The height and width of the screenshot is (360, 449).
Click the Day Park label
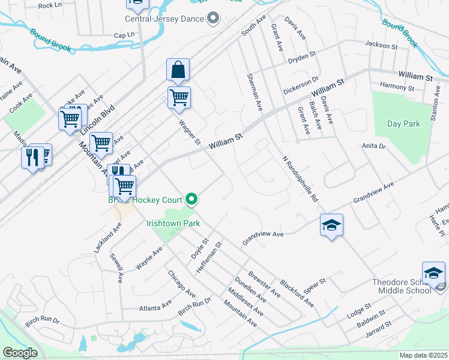[403, 124]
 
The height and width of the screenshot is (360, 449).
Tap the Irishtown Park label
[173, 223]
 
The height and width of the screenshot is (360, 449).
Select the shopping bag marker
[178, 70]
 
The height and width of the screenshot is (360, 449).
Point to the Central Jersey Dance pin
[212, 19]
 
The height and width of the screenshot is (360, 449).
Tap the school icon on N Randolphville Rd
[331, 225]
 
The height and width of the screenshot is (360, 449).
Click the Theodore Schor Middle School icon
[433, 273]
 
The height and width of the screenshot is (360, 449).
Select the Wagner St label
[190, 132]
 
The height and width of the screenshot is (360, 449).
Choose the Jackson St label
[381, 46]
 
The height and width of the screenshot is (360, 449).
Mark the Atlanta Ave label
[155, 308]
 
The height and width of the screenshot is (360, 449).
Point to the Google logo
[20, 353]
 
